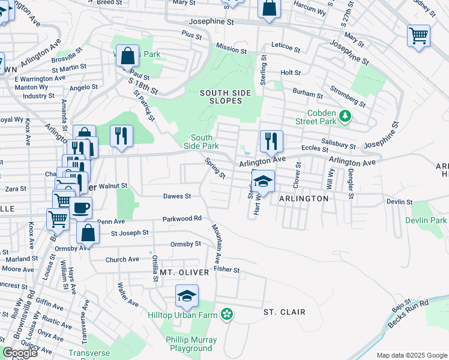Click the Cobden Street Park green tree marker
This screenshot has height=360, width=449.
point(345,115)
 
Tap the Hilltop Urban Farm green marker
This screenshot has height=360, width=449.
point(227,313)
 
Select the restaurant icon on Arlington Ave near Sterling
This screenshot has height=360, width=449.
point(271,142)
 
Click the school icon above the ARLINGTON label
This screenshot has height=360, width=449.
point(263,181)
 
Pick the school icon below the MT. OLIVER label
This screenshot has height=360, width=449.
point(187,295)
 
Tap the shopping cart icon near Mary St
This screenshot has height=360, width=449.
point(418,35)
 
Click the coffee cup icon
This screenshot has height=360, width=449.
point(81,208)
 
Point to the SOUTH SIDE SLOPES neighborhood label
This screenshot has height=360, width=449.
point(221,97)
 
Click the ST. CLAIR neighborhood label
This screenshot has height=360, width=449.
point(285,312)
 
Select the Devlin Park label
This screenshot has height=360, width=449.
point(430,221)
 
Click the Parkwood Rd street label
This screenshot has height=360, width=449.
point(181,218)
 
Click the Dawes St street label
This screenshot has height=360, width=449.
point(177,196)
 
